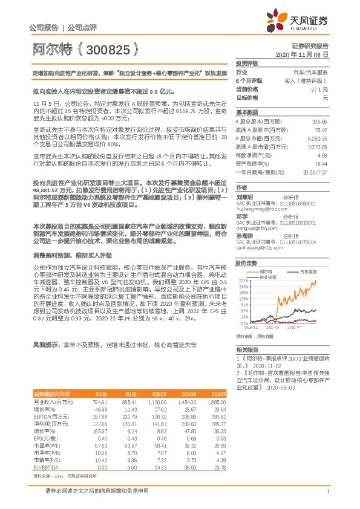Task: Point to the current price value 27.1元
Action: (x=319, y=89)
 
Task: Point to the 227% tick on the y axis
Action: (x=243, y=280)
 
